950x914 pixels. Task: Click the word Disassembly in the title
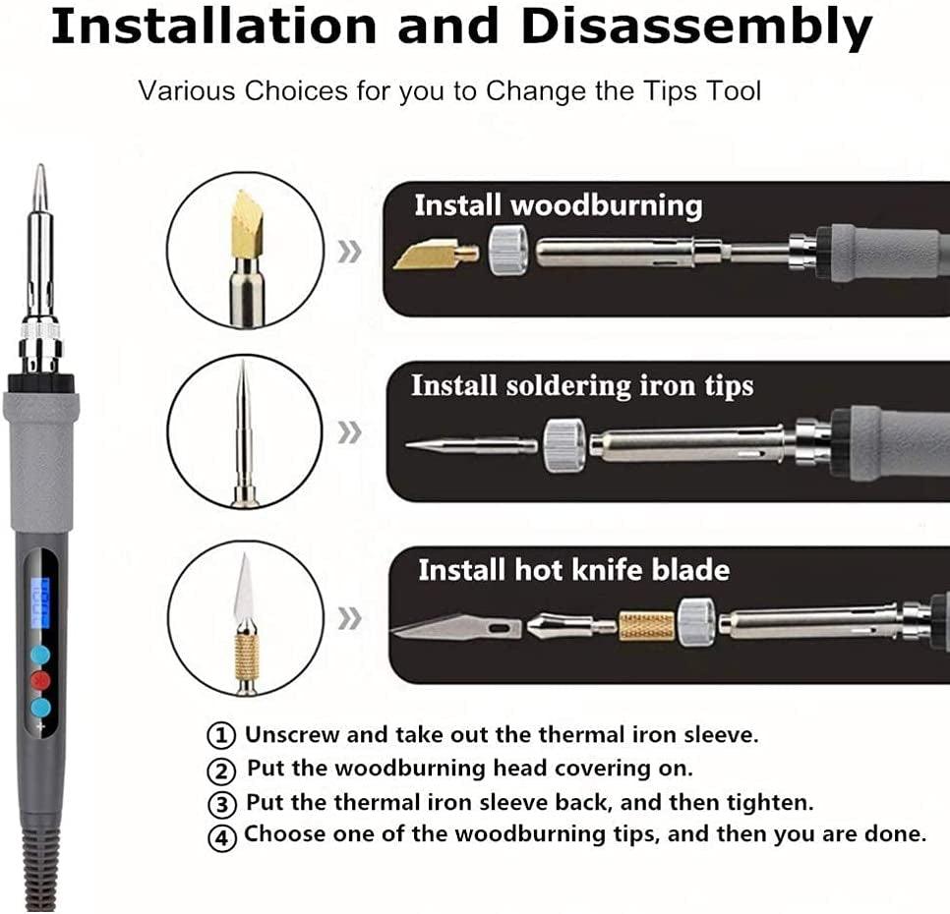point(695,29)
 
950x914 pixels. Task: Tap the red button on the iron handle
point(40,680)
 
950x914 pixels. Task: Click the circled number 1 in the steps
point(223,735)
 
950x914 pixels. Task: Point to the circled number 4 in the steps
point(223,837)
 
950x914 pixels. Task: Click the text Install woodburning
point(558,206)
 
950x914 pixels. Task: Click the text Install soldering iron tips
point(581,385)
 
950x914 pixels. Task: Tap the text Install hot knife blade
point(573,570)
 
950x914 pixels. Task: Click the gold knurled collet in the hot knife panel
point(646,625)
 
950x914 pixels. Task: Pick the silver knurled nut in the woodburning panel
point(508,250)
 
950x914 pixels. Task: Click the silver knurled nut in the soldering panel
point(564,444)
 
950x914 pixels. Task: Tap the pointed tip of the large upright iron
point(39,177)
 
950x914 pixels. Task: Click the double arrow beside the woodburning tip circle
point(349,252)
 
